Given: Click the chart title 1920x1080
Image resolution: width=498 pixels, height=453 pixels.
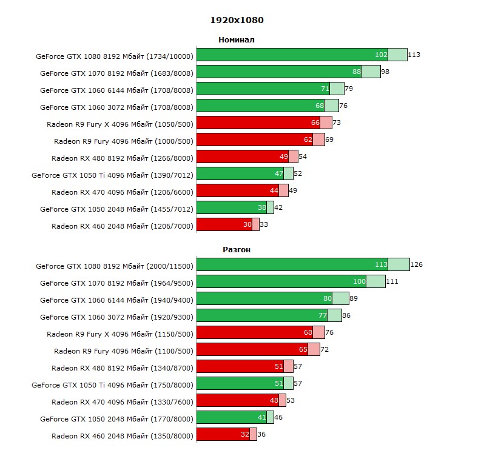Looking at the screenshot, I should [x=237, y=20].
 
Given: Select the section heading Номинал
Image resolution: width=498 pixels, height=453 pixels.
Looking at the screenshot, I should [x=237, y=40].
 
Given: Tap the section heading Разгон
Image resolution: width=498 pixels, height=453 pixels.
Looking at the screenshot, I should [x=237, y=249].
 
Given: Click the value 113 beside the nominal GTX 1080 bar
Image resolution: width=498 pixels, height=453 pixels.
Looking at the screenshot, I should [x=414, y=55].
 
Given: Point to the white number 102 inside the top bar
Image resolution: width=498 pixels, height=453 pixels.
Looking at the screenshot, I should [x=381, y=55].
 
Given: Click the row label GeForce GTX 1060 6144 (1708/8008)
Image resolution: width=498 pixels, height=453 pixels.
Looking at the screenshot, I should [x=116, y=90].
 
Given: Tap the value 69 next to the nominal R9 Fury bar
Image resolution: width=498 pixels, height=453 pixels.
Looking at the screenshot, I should [x=329, y=140].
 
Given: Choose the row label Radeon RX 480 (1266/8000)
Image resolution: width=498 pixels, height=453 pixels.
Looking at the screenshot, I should [x=122, y=158].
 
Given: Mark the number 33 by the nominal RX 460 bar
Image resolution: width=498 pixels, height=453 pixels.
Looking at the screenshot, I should [x=264, y=224].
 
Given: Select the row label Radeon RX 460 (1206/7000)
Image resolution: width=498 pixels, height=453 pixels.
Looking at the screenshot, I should [x=122, y=226].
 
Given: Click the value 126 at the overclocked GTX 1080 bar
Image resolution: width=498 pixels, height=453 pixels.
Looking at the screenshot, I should [x=416, y=264].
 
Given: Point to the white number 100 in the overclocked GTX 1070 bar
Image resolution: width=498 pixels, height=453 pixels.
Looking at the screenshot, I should [x=359, y=281].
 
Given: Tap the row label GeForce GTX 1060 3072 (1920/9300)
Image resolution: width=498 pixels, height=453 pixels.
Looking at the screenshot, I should [x=116, y=317].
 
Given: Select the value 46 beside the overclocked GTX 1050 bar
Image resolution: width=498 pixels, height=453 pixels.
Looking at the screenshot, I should [x=278, y=417].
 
